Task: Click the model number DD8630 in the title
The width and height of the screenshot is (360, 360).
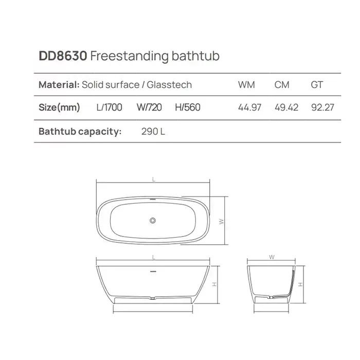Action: [63, 56]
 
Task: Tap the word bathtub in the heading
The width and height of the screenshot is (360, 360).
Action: [195, 56]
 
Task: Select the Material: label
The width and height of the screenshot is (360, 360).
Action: [59, 85]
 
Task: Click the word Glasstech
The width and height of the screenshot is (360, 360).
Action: [169, 85]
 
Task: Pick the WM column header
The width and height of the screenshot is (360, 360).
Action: [246, 85]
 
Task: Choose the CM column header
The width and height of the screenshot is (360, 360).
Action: [282, 85]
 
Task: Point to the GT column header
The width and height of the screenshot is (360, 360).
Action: [317, 85]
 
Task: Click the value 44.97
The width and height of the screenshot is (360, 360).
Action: [249, 107]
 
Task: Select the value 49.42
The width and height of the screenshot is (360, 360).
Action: [286, 107]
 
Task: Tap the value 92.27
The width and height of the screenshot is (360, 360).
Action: [322, 107]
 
